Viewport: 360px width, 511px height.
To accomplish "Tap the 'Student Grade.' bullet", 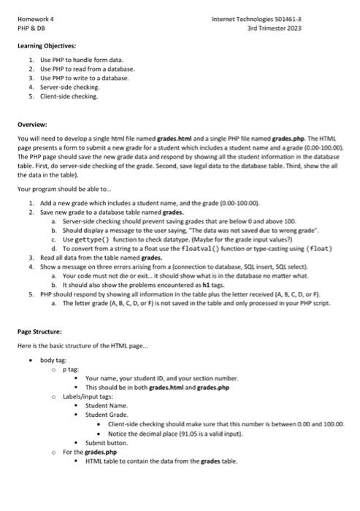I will pos(107,414).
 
